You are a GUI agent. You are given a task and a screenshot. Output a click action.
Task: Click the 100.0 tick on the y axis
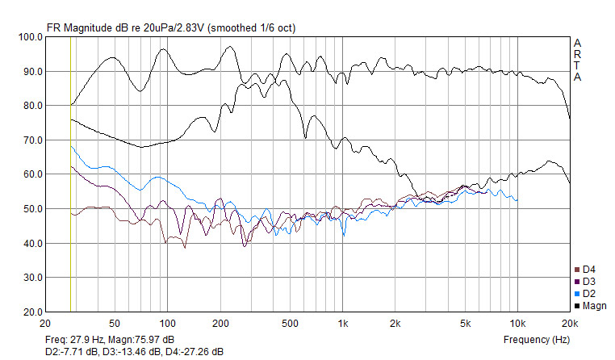[x=31, y=37]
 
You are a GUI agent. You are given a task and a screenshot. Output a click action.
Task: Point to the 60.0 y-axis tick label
[x=33, y=174]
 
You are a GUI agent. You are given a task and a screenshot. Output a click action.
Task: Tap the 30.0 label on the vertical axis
[x=33, y=278]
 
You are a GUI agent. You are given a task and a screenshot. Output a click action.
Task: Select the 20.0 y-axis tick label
[x=33, y=312]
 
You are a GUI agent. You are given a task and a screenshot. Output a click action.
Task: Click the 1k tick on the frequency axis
[x=343, y=324]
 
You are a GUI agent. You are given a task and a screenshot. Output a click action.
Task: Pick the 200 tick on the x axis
[x=220, y=324]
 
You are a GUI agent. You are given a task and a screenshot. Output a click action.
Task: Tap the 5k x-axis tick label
[x=465, y=324]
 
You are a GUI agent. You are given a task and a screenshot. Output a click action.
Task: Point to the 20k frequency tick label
[x=570, y=324]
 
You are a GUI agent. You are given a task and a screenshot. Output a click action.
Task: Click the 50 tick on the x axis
[x=115, y=324]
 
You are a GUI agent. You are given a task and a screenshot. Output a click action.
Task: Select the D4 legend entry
[x=585, y=270]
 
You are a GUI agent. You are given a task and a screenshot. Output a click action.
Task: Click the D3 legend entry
[x=585, y=282]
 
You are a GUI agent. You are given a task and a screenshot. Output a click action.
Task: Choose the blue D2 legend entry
[x=585, y=294]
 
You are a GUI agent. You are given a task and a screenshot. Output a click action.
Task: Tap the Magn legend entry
[x=590, y=306]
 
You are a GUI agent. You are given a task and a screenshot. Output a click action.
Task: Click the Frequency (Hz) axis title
[x=537, y=340]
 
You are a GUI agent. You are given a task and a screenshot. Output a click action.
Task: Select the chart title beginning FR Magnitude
[x=171, y=27]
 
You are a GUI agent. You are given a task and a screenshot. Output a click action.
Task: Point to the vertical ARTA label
[x=577, y=60]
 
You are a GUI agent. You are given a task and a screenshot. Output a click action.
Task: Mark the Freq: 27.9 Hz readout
[x=74, y=340]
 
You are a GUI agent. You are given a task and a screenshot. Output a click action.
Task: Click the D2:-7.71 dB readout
[x=72, y=352]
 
